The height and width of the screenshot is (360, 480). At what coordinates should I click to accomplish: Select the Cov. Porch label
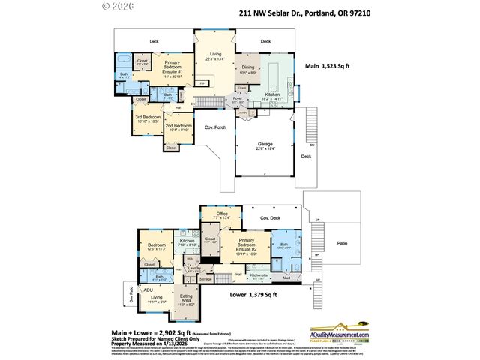[x=215, y=128]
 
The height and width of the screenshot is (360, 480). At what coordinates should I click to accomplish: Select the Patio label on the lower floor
[x=342, y=244]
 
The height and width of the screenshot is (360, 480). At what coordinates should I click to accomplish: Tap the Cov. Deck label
[x=270, y=218]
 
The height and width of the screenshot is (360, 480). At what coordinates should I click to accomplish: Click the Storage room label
[x=205, y=278]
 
